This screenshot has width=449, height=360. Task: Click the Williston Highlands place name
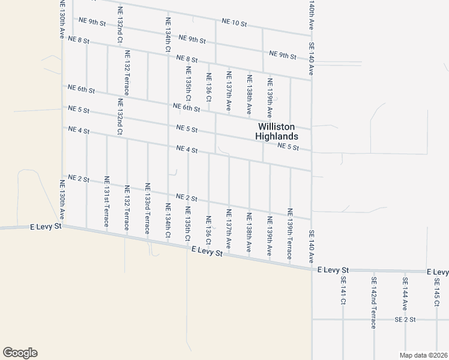[x=278, y=131]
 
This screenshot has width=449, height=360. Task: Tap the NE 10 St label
[x=234, y=23]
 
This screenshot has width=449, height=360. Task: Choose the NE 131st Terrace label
[x=107, y=200]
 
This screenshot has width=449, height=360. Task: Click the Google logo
[x=20, y=353]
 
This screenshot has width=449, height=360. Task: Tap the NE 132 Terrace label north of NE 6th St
[x=127, y=73]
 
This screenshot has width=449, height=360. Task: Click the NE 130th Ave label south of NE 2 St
[x=62, y=200]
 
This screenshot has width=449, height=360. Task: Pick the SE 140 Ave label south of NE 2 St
[x=312, y=247]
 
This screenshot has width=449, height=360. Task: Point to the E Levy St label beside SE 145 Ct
[x=438, y=272]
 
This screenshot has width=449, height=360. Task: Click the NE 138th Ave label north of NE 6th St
[x=249, y=95]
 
